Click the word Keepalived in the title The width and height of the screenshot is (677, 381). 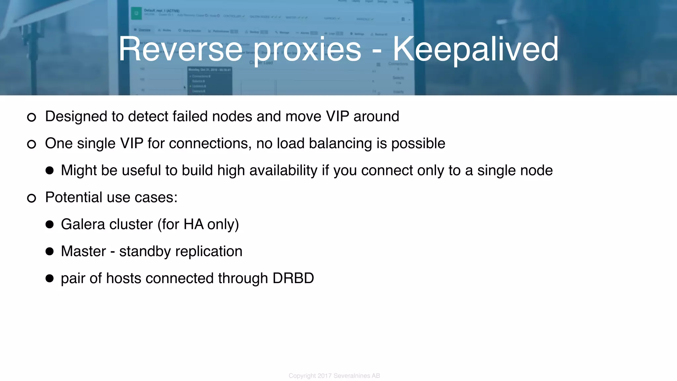475,50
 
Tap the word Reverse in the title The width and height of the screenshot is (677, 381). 181,50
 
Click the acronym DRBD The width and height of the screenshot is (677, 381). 293,278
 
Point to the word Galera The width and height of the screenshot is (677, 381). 83,224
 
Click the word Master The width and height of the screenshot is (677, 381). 83,251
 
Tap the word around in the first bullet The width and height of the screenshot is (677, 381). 376,116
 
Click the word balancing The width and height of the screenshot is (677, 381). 340,144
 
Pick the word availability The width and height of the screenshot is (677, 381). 283,171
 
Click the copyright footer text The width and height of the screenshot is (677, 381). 334,376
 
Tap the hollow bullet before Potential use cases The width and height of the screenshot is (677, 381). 31,198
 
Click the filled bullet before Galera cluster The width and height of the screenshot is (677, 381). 50,225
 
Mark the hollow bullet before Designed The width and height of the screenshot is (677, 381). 31,117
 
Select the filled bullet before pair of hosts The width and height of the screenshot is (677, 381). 50,278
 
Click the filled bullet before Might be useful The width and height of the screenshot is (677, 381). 50,171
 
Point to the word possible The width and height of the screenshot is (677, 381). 418,144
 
